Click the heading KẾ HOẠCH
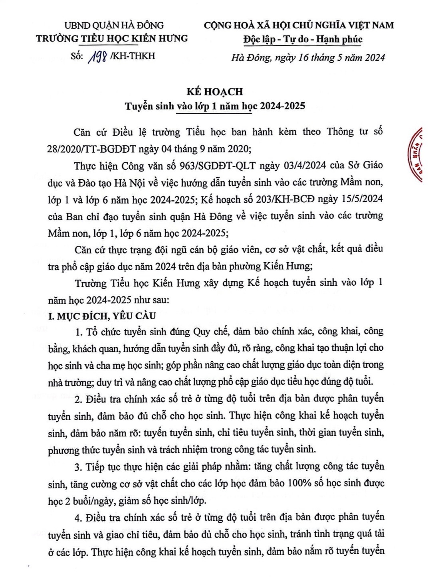tap(215, 92)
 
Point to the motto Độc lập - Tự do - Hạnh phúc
tap(303, 40)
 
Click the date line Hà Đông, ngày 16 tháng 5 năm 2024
tap(308, 57)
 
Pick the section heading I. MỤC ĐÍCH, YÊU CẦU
tap(102, 316)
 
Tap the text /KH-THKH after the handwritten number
tap(132, 56)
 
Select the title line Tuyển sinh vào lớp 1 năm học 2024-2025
tap(215, 106)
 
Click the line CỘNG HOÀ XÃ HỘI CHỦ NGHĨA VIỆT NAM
tap(299, 25)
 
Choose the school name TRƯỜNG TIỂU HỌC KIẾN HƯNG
tap(112, 39)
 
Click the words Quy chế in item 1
tap(210, 332)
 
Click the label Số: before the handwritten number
tap(77, 56)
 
